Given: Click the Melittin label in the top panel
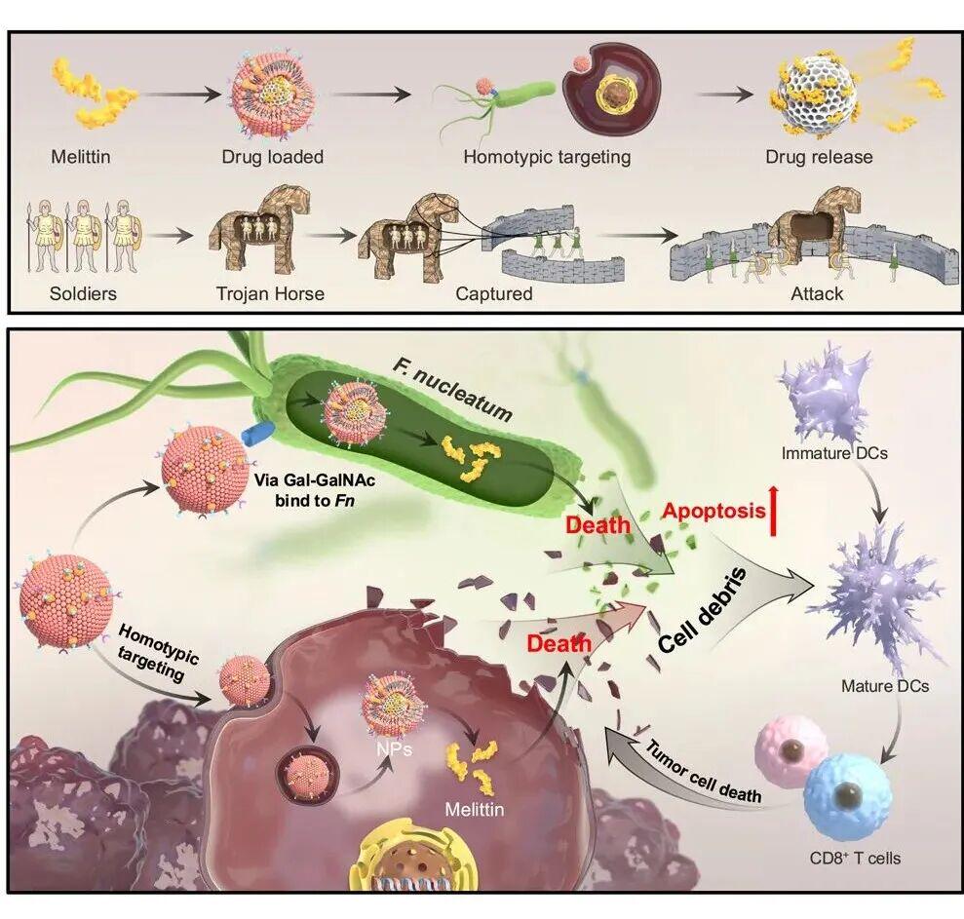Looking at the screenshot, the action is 81,157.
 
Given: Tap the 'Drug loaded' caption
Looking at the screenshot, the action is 272,157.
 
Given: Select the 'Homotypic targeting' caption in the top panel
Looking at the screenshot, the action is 547,157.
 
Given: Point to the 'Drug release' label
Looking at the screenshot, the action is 819,157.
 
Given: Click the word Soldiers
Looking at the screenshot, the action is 83,293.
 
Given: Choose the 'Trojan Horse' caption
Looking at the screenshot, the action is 270,293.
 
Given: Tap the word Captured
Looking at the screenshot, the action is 493,293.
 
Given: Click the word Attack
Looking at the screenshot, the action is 817,293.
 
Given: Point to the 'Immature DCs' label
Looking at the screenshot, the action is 834,454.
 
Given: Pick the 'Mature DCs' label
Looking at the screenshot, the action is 885,685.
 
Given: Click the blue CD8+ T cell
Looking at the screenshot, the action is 847,796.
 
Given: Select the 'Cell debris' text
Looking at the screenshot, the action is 703,610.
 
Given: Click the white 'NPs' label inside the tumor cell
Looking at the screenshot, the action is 395,748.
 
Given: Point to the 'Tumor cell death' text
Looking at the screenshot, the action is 703,772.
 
